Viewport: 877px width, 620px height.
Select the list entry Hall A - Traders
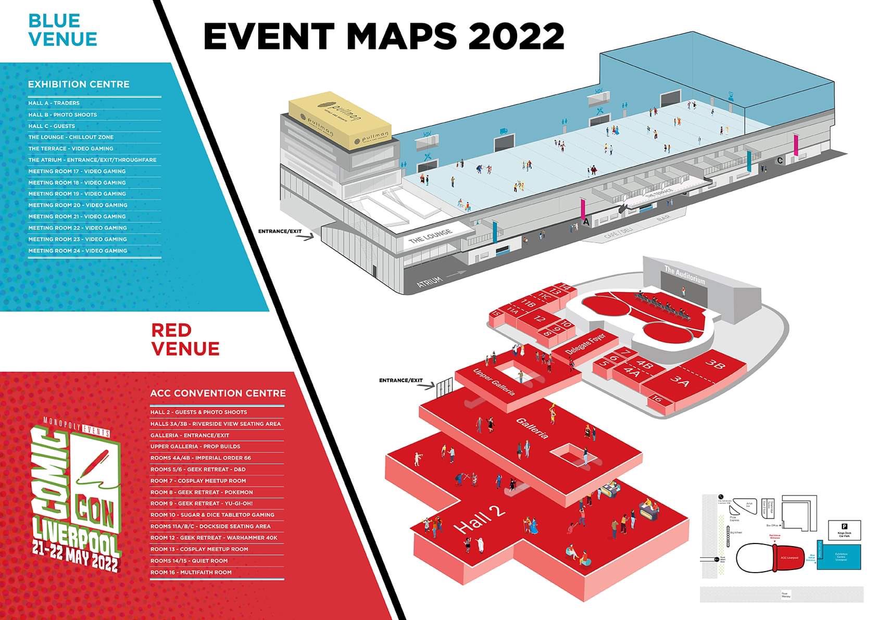[54, 103]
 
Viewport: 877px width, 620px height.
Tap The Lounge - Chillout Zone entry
[71, 137]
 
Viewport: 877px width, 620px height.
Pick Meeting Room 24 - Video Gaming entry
[78, 250]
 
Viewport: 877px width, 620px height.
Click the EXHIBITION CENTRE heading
[79, 84]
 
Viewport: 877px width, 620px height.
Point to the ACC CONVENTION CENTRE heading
[218, 393]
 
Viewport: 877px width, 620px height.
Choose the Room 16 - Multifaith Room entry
[191, 572]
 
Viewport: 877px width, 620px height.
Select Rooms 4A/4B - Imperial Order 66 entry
[201, 458]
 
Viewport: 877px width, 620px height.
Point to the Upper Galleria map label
[494, 382]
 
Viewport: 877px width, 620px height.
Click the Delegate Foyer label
[586, 345]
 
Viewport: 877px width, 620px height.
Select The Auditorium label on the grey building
[684, 275]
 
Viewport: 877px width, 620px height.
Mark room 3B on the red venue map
[715, 364]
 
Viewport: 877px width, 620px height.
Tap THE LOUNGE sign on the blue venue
[430, 236]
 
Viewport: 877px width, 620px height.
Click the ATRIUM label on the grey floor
[430, 282]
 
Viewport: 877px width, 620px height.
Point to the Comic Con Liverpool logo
[76, 497]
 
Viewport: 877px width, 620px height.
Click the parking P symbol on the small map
[844, 526]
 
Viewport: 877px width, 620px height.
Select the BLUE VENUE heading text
[62, 30]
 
